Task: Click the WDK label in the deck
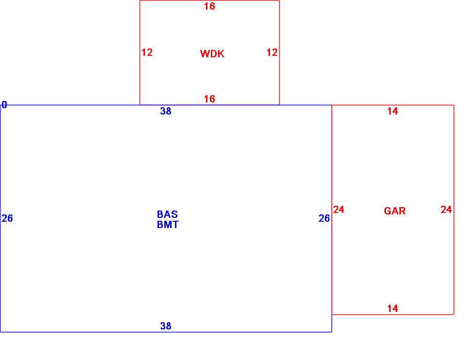point(212,54)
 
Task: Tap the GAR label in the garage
point(395,211)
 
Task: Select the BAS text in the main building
point(167,214)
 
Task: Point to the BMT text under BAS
point(168,225)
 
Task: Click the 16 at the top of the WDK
point(209,6)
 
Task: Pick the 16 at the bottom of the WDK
point(209,99)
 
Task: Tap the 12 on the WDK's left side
point(147,52)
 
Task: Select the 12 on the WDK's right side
point(272,52)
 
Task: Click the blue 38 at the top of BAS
point(166,112)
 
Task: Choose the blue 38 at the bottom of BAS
point(166,327)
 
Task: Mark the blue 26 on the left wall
point(7,218)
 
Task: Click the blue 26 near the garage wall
point(324,218)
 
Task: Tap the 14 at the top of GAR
point(393,112)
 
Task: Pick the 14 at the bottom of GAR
point(393,309)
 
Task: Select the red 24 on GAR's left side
point(339,210)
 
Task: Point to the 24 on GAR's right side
point(446,210)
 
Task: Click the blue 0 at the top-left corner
point(4,105)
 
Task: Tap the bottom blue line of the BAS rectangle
point(97,332)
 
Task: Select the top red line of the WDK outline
point(174,0)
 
